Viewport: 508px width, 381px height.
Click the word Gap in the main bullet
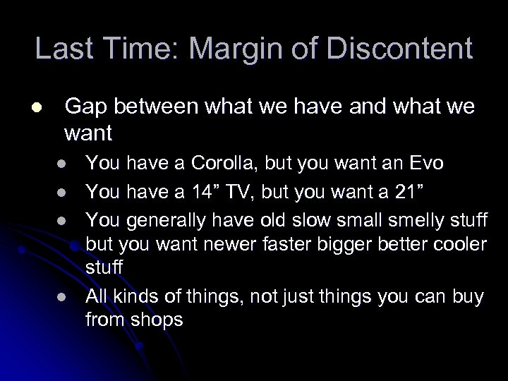click(x=83, y=107)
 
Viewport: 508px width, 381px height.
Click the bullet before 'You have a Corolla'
click(x=62, y=164)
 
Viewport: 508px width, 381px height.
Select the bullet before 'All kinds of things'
click(x=62, y=297)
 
